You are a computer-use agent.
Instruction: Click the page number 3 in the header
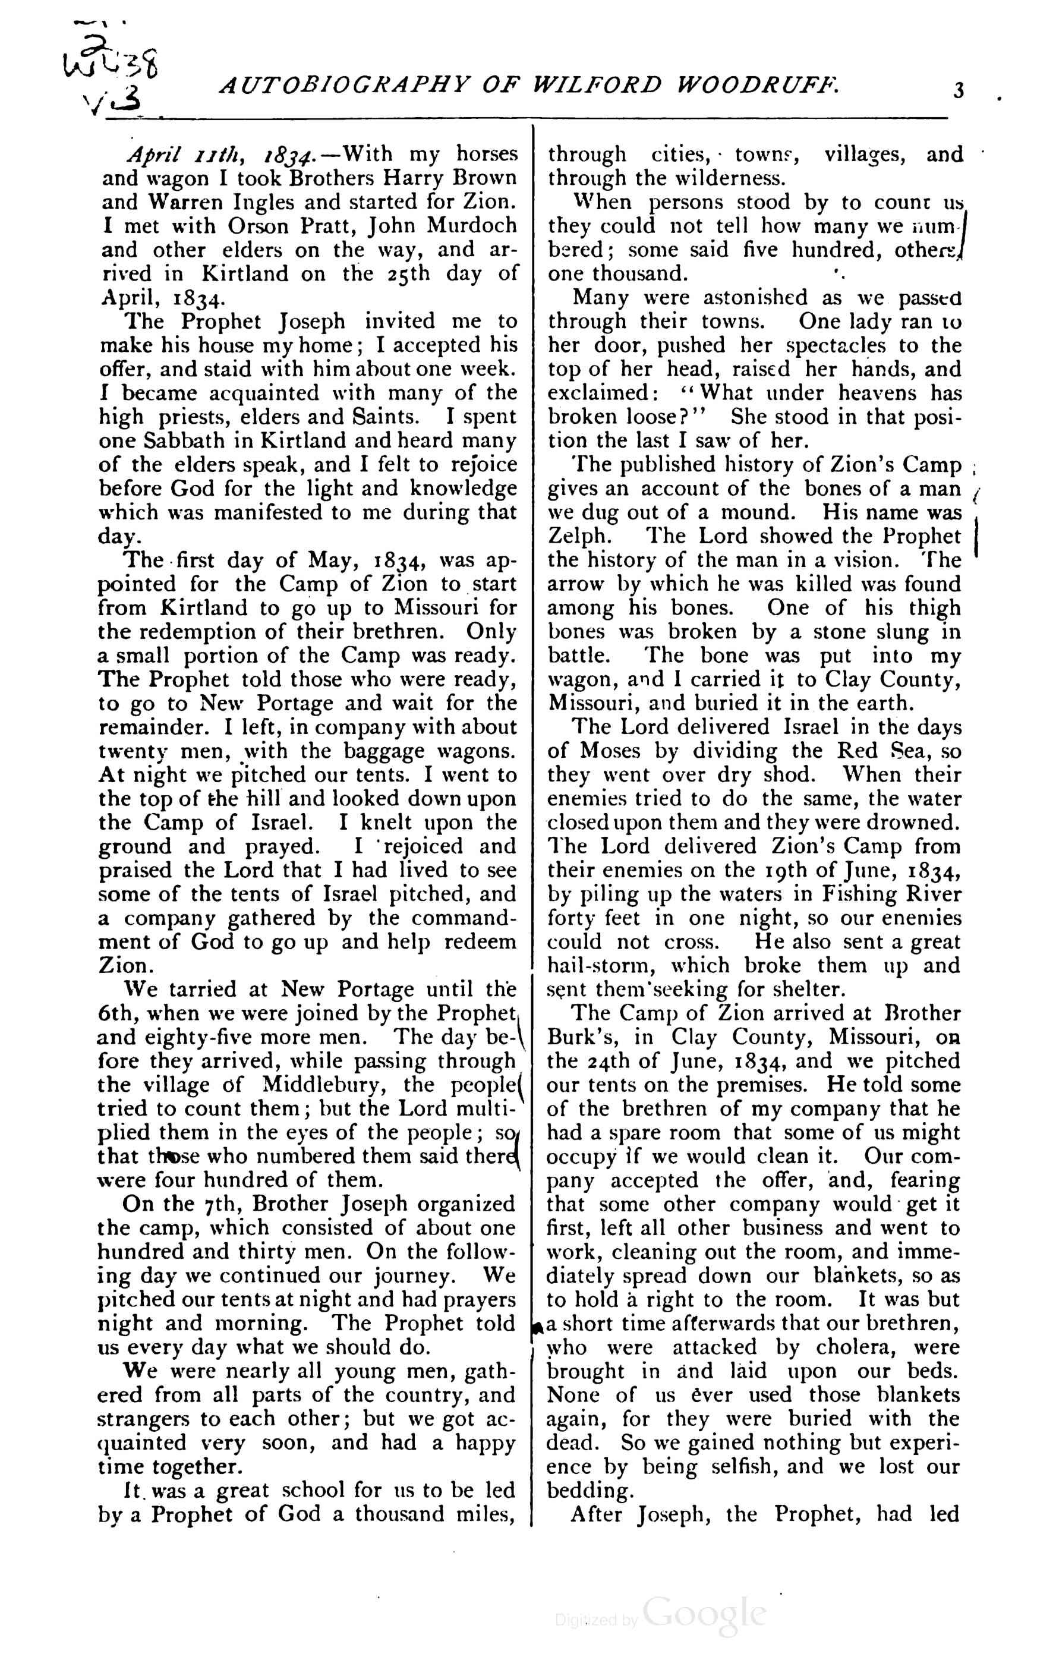(x=958, y=90)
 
